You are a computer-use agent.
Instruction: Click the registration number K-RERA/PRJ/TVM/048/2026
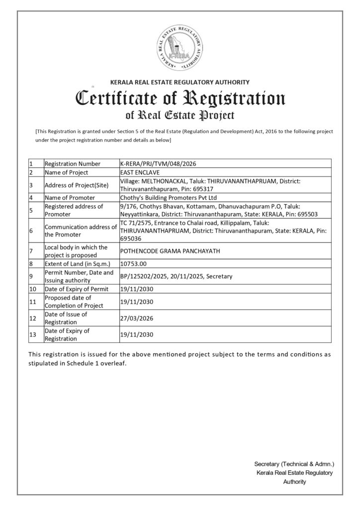(155, 164)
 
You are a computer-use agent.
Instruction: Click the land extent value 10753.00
(133, 263)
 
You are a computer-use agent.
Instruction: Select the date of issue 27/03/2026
(135, 318)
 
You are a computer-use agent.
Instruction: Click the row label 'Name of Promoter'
(70, 197)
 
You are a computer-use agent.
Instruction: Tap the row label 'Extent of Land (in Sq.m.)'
(77, 263)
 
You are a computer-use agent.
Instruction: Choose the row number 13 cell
(33, 335)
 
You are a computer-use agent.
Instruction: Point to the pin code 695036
(130, 238)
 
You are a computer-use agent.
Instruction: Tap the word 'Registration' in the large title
(234, 98)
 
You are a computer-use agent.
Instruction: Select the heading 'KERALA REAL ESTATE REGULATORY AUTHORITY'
(180, 82)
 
